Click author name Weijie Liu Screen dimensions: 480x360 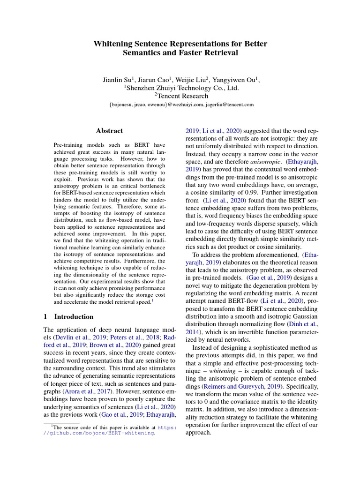point(192,80)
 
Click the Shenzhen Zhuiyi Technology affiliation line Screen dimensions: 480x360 point(181,88)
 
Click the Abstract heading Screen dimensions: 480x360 point(109,131)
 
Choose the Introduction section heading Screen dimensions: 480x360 point(74,316)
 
